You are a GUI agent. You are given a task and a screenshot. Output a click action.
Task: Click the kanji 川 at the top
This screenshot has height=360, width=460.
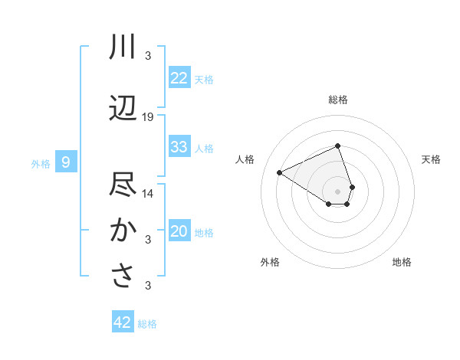coord(123,47)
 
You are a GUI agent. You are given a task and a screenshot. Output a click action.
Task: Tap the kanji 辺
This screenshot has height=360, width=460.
coord(123,109)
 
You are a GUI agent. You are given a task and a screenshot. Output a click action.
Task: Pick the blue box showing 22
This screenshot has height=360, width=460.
coord(179,78)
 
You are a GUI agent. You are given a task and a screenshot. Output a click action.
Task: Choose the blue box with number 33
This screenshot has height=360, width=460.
coord(179,147)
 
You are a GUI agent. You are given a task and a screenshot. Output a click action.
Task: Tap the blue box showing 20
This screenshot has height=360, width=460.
coord(179,231)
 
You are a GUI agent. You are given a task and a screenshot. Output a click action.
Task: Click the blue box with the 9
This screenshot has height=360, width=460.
coord(66,162)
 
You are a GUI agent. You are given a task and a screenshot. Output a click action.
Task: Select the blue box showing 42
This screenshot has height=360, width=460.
coord(123,322)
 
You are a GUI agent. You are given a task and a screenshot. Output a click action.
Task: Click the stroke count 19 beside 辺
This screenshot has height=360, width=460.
coord(148,117)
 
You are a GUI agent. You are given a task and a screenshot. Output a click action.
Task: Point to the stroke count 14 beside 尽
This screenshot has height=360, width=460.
coord(148,194)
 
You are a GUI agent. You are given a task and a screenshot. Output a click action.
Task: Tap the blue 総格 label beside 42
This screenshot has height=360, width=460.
coord(147,324)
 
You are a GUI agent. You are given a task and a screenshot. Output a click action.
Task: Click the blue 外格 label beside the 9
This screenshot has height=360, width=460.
coord(40,163)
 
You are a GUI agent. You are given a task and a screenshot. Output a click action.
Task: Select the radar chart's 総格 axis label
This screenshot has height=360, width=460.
coord(337,100)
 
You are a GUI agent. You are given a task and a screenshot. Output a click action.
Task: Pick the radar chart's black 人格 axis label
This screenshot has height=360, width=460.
coord(245,159)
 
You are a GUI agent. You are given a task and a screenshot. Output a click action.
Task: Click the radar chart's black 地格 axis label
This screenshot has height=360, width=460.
coord(402,262)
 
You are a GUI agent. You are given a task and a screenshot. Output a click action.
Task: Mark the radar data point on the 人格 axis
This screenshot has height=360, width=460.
coord(280,172)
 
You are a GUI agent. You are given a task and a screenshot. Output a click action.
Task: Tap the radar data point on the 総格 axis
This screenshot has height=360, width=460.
coord(337,146)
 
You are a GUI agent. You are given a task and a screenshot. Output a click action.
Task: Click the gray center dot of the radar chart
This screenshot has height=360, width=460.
coord(337,191)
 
